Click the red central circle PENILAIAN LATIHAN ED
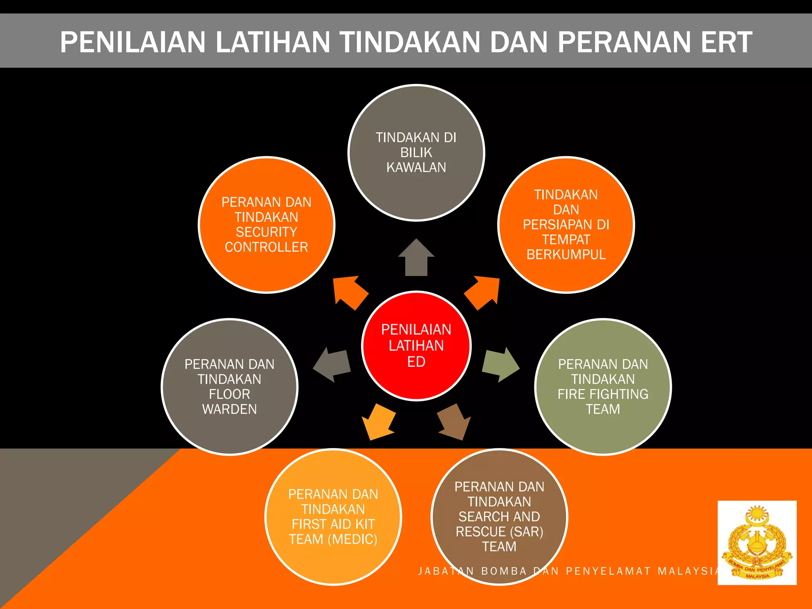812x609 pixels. [416, 346]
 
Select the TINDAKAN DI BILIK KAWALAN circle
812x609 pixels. [416, 153]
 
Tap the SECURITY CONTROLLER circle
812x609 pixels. [266, 225]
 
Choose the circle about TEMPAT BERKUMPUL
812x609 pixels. [566, 225]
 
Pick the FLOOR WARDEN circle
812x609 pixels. [230, 387]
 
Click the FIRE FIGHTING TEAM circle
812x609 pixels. [603, 387]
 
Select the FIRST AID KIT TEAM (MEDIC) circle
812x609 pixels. [333, 517]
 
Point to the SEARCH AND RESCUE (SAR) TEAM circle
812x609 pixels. [500, 517]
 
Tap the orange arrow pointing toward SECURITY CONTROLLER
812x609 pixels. [349, 293]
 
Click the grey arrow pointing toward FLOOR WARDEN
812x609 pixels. [332, 364]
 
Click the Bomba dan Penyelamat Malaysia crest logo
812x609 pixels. [757, 542]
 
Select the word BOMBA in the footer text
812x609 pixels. [504, 571]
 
